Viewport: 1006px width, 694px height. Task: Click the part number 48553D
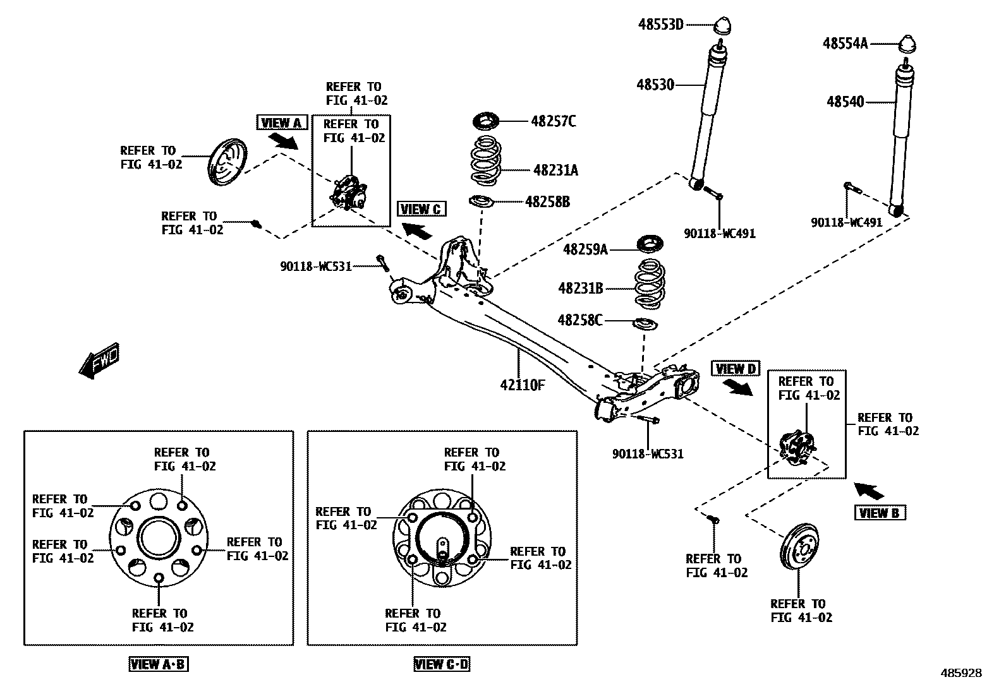(661, 25)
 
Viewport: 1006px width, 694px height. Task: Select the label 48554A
(845, 44)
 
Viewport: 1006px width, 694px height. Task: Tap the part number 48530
(655, 85)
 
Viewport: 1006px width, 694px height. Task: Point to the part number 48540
(845, 102)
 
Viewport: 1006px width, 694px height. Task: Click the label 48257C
(554, 121)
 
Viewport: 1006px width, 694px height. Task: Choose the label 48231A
(555, 170)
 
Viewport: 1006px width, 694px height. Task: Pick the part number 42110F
(522, 385)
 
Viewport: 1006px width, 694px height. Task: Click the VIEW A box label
(282, 123)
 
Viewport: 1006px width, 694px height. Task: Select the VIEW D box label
(736, 369)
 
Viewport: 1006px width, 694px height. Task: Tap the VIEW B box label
(880, 513)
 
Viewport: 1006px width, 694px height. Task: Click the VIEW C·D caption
(442, 664)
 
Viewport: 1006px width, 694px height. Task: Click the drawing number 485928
(960, 673)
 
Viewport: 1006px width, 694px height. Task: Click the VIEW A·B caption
(159, 664)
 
